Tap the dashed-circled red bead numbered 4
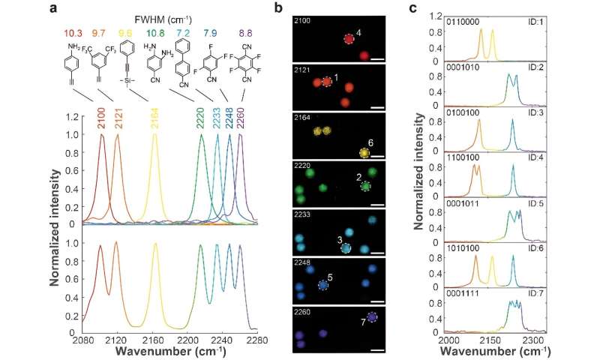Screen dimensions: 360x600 (x=349, y=39)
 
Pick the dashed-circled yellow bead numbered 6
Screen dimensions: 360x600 (x=364, y=153)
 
